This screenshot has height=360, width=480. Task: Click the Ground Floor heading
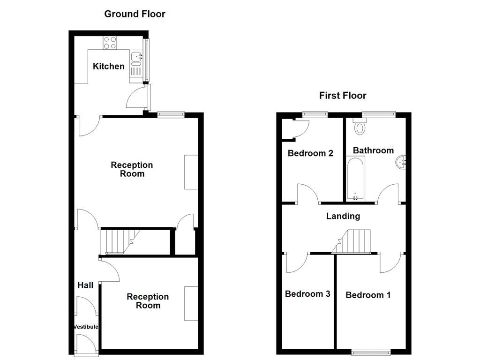pos(135,14)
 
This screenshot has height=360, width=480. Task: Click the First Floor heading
pos(343,96)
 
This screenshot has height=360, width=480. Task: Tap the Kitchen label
pos(109,66)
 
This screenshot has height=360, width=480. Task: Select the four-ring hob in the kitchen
pos(110,43)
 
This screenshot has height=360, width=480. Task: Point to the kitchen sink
pos(136,56)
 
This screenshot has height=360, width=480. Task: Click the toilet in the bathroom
pos(360,127)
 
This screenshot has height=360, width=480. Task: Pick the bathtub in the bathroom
pos(355,179)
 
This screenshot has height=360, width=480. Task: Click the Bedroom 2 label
pos(310,153)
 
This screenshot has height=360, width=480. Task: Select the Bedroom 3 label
pos(307,294)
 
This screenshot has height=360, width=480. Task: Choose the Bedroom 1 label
pos(368,295)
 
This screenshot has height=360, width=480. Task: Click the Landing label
pos(343,216)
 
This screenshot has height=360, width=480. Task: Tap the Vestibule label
pos(86,327)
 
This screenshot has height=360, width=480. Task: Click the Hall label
pos(85,285)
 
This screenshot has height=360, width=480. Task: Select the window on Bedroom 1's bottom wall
pos(371,351)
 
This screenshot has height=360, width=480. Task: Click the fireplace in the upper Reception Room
pos(191,172)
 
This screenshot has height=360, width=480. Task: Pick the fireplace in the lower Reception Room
pos(191,303)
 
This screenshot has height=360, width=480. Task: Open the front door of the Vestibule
pos(86,346)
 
